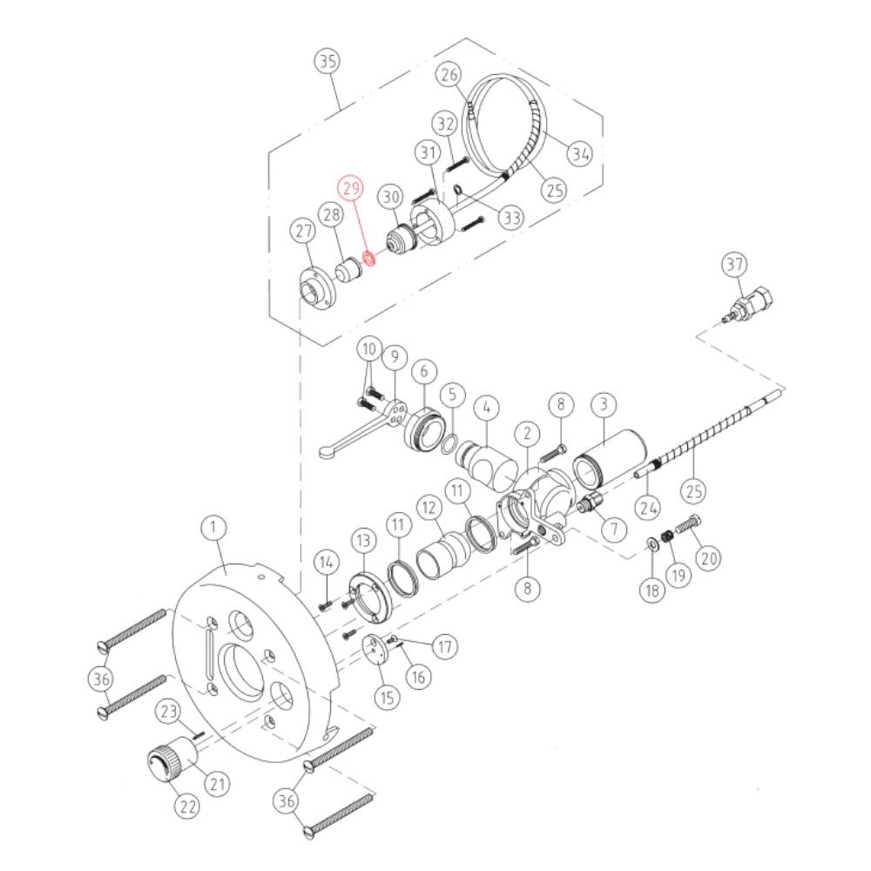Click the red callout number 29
[352, 188]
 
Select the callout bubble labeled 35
[327, 61]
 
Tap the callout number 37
[735, 265]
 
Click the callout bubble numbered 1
[214, 527]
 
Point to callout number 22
[187, 806]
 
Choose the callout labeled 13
[363, 540]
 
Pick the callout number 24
[648, 507]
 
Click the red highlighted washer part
[368, 258]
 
